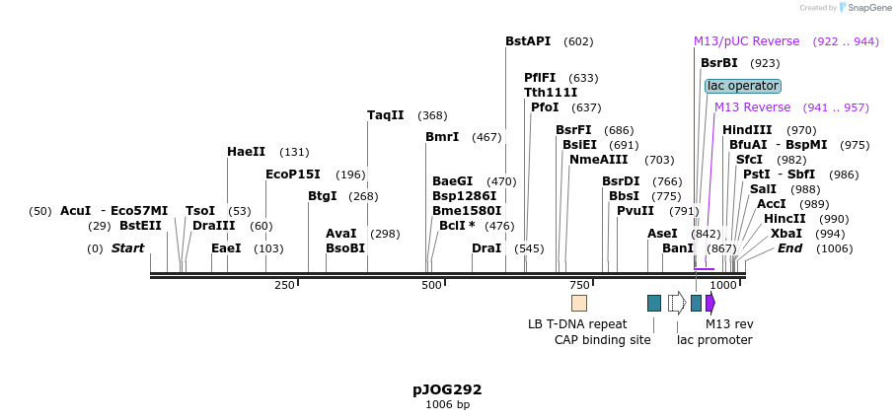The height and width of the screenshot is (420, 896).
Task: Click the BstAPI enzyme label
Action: click(x=528, y=41)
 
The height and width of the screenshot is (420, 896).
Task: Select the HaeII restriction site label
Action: click(x=246, y=152)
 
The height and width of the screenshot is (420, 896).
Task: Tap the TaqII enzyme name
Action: click(x=386, y=115)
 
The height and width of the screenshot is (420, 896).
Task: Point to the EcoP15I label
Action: click(x=293, y=175)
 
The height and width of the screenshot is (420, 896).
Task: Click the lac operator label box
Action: click(x=743, y=86)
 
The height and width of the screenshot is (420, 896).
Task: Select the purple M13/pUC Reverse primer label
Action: click(x=746, y=41)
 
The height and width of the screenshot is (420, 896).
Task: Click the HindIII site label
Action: click(x=747, y=130)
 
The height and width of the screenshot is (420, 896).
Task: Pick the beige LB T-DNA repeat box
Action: click(x=579, y=303)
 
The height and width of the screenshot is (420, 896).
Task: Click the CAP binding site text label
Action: click(x=602, y=340)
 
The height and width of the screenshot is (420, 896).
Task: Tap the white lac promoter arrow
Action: click(x=677, y=303)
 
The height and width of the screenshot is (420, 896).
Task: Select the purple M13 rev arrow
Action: click(x=709, y=303)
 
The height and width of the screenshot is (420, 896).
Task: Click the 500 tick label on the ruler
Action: click(x=431, y=285)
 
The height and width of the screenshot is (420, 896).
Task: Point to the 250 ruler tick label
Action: click(x=284, y=285)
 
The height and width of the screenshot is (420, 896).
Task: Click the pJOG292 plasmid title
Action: click(x=447, y=390)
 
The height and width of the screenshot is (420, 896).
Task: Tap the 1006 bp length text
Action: click(x=447, y=405)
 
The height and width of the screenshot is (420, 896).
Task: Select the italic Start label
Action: click(x=127, y=248)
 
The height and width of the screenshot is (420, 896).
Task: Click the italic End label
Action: click(x=789, y=248)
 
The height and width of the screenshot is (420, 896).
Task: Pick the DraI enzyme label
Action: click(x=486, y=248)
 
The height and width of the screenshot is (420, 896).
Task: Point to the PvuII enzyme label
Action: click(x=635, y=211)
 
